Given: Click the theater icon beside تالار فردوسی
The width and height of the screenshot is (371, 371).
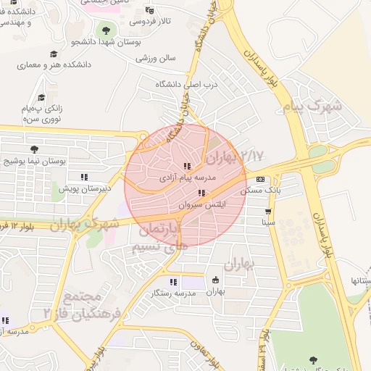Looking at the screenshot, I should point(149,10).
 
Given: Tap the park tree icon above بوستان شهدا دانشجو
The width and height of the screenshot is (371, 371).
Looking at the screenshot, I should point(107,30).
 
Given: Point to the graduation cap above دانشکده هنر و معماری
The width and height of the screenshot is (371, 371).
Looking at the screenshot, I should point(53,54).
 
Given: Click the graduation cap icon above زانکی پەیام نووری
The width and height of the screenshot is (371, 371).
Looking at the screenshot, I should point(41,97).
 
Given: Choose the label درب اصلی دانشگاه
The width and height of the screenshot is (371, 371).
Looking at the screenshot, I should point(186,84).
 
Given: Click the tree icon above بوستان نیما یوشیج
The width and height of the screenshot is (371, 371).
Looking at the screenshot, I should point(33,149).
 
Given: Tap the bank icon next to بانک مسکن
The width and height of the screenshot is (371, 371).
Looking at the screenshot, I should point(260,179).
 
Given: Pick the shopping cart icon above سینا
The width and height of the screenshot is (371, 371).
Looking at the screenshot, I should point(269,212).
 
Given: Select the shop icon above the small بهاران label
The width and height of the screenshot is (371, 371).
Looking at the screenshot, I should point(215,280).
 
